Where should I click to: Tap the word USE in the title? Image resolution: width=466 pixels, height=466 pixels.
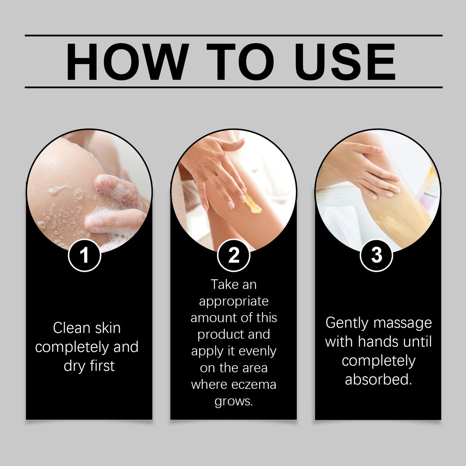click(x=344, y=62)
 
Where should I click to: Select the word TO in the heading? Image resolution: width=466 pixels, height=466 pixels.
click(x=241, y=62)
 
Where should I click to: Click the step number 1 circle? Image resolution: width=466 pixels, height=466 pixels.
click(x=84, y=255)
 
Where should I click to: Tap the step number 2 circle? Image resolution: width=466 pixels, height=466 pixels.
click(x=233, y=255)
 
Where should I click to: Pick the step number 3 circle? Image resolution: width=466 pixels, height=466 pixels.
click(x=377, y=255)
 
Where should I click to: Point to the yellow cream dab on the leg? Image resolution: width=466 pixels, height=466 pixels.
click(x=253, y=205)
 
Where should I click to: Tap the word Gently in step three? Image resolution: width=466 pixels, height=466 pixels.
click(x=347, y=323)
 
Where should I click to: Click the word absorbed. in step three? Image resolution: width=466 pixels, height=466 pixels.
click(x=378, y=379)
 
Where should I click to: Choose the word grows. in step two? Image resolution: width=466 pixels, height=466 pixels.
click(x=234, y=401)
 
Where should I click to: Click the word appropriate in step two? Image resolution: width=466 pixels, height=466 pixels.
click(x=234, y=301)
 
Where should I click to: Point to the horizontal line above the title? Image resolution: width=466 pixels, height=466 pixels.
click(x=233, y=35)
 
